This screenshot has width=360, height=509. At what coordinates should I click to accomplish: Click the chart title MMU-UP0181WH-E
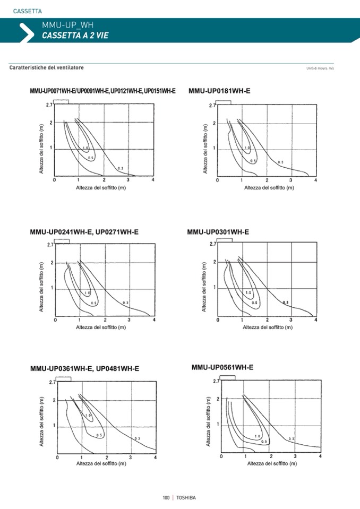[x=219, y=91]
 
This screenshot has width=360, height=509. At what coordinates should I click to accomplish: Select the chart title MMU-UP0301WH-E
[x=218, y=232]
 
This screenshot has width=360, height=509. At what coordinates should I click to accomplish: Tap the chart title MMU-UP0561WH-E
[x=222, y=367]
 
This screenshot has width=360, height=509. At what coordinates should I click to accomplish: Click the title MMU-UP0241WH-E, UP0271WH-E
[x=84, y=232]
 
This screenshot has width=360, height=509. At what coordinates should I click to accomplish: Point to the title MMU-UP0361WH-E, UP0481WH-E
[x=84, y=368]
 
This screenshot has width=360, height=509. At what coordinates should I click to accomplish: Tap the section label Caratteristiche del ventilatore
[x=47, y=68]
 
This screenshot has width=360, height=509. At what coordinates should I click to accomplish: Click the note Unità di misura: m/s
[x=320, y=68]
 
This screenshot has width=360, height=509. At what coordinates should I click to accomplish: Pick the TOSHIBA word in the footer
[x=186, y=497]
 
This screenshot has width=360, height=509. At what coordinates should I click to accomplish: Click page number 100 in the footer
[x=166, y=497]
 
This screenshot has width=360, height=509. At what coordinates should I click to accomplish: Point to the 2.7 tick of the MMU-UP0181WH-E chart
[x=212, y=106]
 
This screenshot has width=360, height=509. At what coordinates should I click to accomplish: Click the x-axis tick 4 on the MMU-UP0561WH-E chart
[x=320, y=456]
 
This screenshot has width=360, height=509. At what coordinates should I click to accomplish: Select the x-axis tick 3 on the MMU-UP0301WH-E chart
[x=292, y=320]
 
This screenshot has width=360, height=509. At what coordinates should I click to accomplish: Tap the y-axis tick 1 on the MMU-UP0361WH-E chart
[x=54, y=425]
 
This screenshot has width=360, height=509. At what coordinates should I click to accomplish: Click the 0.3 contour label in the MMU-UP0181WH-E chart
[x=280, y=162]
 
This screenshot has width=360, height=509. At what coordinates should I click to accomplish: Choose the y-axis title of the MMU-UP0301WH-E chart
[x=204, y=287]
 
